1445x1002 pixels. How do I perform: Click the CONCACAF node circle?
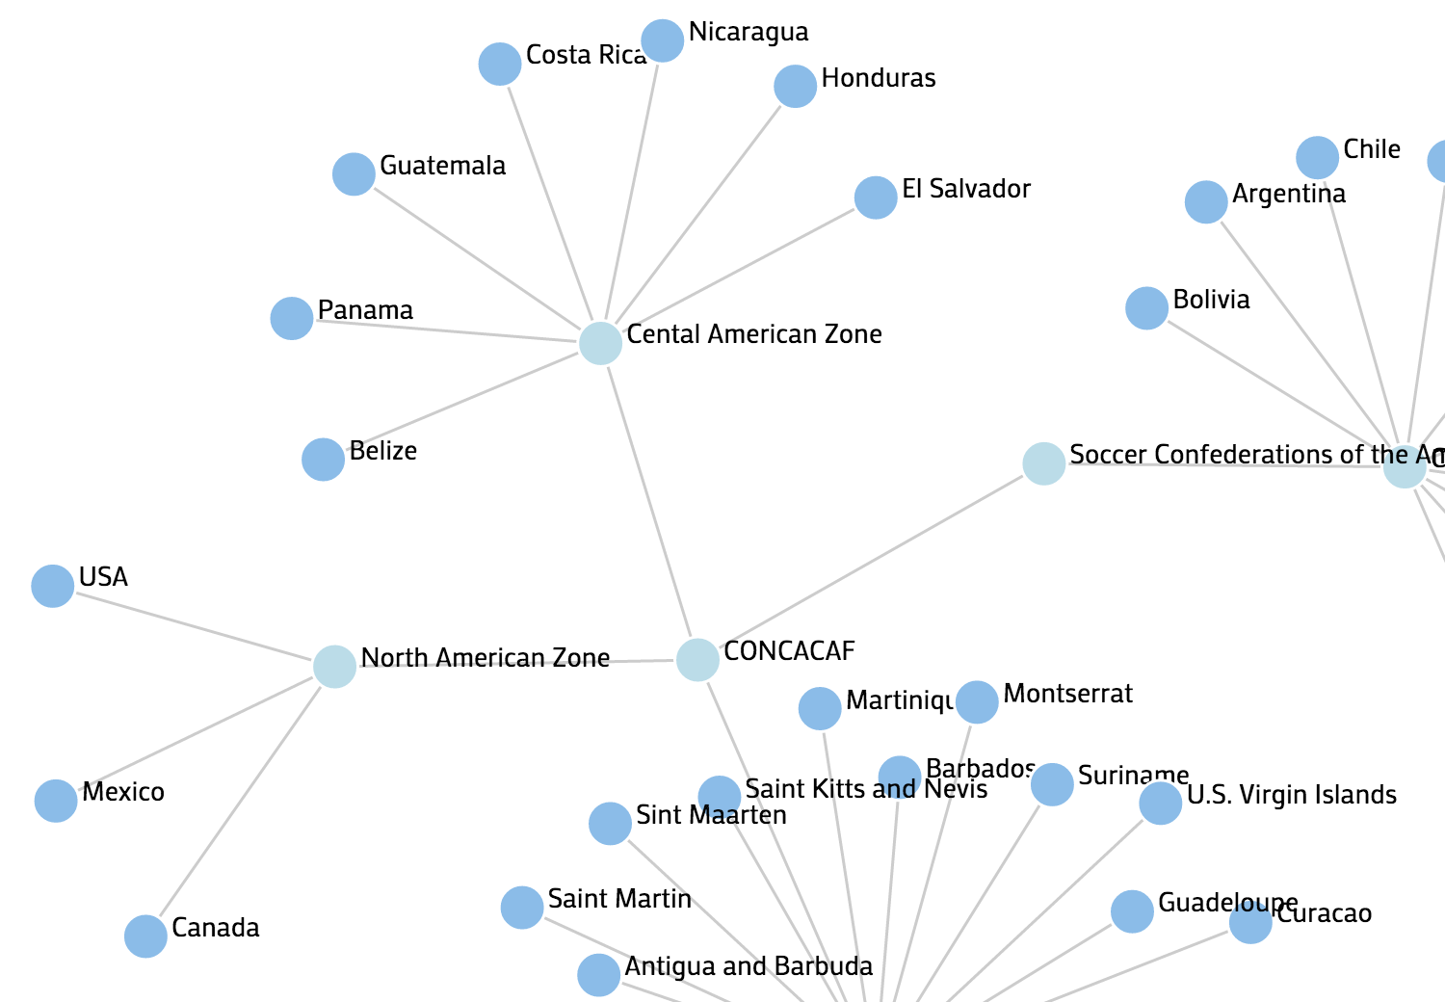[x=697, y=659]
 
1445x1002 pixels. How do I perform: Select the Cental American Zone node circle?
[x=600, y=343]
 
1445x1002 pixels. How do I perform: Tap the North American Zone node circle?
[x=334, y=666]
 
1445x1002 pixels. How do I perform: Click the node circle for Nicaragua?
[x=663, y=40]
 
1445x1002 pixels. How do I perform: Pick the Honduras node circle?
[x=796, y=87]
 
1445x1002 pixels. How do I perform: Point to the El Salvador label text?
[x=966, y=189]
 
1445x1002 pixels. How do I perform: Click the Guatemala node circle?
[x=354, y=174]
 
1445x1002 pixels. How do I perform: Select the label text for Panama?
[x=365, y=310]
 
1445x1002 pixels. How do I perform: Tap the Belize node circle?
[x=323, y=460]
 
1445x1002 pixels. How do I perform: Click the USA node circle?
[x=53, y=586]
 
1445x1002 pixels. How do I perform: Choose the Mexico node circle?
[x=56, y=801]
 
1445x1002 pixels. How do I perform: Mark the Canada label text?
[x=216, y=928]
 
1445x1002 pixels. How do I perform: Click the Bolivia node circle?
[x=1146, y=308]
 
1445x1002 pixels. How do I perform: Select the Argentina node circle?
[x=1206, y=202]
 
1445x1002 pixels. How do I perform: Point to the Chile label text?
[x=1372, y=149]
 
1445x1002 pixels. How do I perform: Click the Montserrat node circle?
[x=977, y=701]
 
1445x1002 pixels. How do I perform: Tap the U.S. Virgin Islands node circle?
[x=1161, y=804]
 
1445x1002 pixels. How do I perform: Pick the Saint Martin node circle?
[x=522, y=908]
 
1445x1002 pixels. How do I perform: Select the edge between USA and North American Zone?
[x=193, y=625]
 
